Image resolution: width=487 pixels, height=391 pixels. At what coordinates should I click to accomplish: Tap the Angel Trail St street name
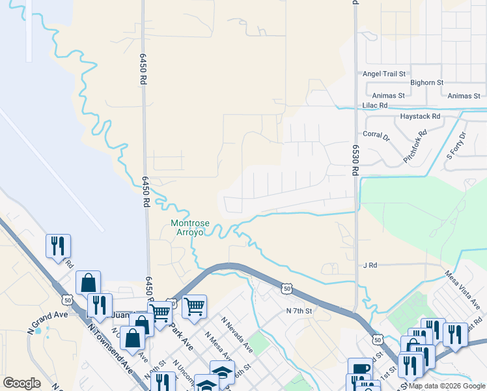click(x=384, y=74)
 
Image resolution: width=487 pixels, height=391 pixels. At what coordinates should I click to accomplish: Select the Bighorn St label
click(x=426, y=83)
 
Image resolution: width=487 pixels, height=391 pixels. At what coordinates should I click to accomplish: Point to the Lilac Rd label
click(x=375, y=105)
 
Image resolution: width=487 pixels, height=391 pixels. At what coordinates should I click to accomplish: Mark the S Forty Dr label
click(x=456, y=146)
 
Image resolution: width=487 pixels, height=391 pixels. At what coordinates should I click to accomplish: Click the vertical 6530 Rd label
click(x=355, y=160)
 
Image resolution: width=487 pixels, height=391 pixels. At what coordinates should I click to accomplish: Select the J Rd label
click(x=370, y=266)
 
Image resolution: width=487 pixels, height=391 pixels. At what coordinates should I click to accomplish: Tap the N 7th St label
click(x=299, y=311)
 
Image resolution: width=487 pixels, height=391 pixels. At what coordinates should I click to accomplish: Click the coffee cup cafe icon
click(x=359, y=369)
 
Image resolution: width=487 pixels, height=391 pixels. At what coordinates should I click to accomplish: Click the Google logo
click(x=21, y=383)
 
